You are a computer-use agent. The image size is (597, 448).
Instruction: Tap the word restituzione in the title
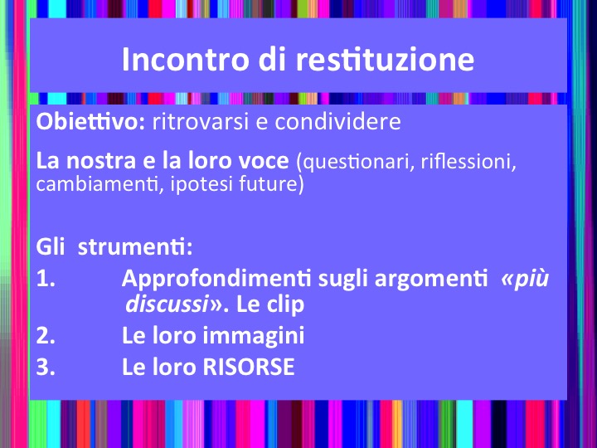[x=385, y=59]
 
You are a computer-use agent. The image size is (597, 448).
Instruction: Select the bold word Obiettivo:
[x=90, y=121]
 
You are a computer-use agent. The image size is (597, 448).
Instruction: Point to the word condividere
[x=337, y=122]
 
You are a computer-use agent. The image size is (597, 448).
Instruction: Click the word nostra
[x=101, y=161]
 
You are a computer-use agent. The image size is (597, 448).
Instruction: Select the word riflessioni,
[x=468, y=161]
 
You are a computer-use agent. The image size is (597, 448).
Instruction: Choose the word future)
[x=271, y=184]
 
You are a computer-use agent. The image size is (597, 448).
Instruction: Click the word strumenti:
[x=135, y=247]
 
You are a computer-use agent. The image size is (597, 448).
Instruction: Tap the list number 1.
[x=46, y=279]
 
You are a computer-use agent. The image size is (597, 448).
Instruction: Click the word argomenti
[x=431, y=280]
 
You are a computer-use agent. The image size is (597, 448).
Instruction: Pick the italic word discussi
[x=167, y=304]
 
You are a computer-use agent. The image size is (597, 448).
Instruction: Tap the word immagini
[x=253, y=336]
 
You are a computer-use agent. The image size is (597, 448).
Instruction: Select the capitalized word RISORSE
[x=248, y=367]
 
